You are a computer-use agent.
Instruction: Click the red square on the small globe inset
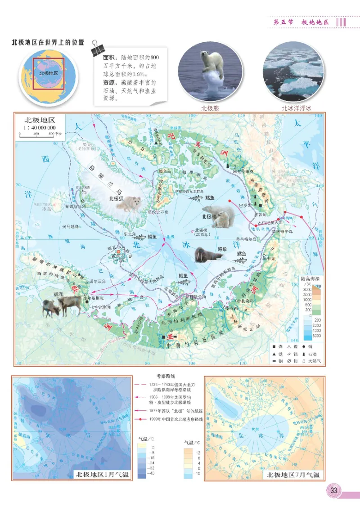(49, 72)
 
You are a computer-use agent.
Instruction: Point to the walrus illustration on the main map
(208, 256)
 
